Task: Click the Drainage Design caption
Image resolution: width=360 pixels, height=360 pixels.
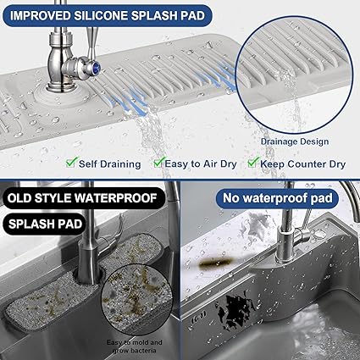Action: click(x=295, y=141)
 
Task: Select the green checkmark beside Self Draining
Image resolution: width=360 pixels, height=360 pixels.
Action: click(x=72, y=163)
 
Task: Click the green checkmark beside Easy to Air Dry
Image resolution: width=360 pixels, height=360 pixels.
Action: click(x=159, y=163)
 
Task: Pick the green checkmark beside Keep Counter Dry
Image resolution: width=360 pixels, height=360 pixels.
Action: click(x=253, y=163)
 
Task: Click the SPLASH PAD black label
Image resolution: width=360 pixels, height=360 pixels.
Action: click(x=45, y=224)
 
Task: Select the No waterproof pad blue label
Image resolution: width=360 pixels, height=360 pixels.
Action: click(x=278, y=198)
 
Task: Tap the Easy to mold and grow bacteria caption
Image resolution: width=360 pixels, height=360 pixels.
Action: click(x=135, y=346)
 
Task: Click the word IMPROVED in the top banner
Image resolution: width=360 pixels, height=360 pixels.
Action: click(x=40, y=16)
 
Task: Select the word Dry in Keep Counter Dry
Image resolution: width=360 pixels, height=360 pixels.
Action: click(x=337, y=164)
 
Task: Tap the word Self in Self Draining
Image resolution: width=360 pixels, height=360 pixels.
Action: click(x=88, y=164)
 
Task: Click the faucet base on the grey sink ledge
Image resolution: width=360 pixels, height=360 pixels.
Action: click(x=286, y=256)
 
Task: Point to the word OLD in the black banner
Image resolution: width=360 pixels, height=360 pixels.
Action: click(x=19, y=198)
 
